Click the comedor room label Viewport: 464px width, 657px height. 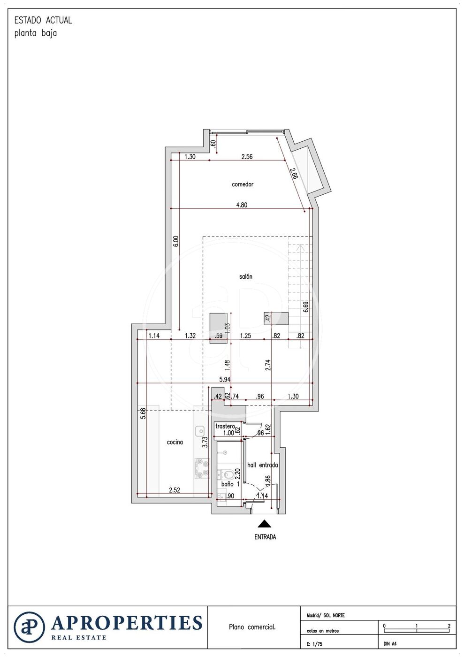pyautogui.click(x=242, y=184)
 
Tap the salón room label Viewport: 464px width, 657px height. pyautogui.click(x=245, y=276)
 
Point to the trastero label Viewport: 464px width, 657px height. pyautogui.click(x=225, y=426)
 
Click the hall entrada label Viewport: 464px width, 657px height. pyautogui.click(x=262, y=465)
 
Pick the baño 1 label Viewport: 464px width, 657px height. pyautogui.click(x=230, y=484)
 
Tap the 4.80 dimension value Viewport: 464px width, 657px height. pyautogui.click(x=242, y=205)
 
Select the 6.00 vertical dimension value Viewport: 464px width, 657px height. pyautogui.click(x=175, y=241)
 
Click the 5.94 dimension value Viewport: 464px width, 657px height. pyautogui.click(x=225, y=379)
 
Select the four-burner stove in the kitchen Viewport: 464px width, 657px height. pyautogui.click(x=202, y=468)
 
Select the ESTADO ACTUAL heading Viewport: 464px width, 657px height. pyautogui.click(x=43, y=20)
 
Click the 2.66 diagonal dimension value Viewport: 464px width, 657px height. pyautogui.click(x=294, y=175)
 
